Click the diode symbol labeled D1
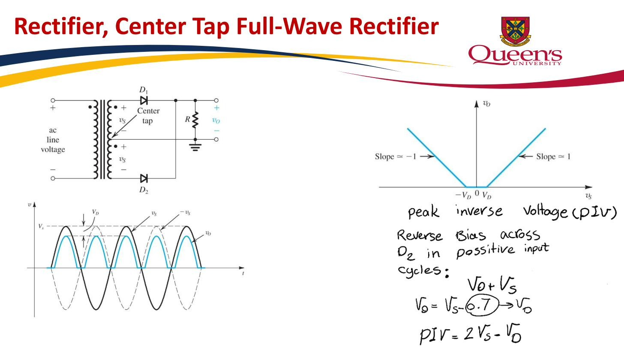pyautogui.click(x=144, y=100)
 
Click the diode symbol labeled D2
pyautogui.click(x=144, y=178)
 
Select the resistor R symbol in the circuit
pyautogui.click(x=195, y=120)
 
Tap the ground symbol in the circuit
pyautogui.click(x=195, y=147)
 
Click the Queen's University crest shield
pyautogui.click(x=515, y=31)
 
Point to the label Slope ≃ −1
pyautogui.click(x=396, y=156)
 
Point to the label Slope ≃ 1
pyautogui.click(x=553, y=156)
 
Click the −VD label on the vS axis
pyautogui.click(x=463, y=195)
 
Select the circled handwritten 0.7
pyautogui.click(x=482, y=306)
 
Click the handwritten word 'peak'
pyautogui.click(x=423, y=212)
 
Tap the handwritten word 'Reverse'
pyautogui.click(x=420, y=236)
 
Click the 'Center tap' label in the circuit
pyautogui.click(x=148, y=116)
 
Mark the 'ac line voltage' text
pyautogui.click(x=53, y=140)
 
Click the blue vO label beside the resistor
pyautogui.click(x=216, y=120)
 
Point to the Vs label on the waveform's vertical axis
pyautogui.click(x=41, y=226)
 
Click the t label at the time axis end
pyautogui.click(x=243, y=273)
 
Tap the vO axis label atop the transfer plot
pyautogui.click(x=486, y=104)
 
